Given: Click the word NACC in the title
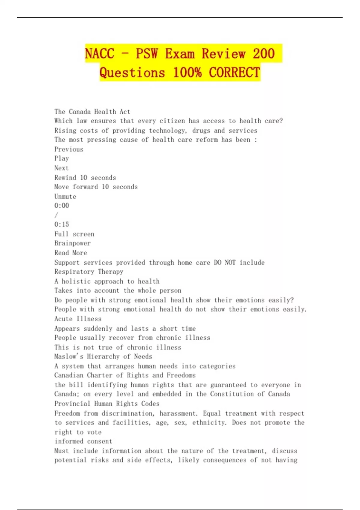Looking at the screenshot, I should coord(100,54).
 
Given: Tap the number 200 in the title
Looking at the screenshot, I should coord(264,54).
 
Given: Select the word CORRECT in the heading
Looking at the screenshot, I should coord(234,73).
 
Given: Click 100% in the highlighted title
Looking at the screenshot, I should coord(187,73).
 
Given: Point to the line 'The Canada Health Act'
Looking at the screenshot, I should coord(92,112).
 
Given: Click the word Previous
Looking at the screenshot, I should coord(69,149).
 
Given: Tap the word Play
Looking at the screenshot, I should coord(61,158).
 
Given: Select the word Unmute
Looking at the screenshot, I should coord(65,196).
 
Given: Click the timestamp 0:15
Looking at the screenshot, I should coord(61,224).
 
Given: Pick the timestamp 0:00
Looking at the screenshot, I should coord(61,206).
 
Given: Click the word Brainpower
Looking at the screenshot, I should coord(72,243).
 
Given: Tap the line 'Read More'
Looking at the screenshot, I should coord(70,253).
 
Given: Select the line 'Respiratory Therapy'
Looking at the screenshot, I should coord(89,272).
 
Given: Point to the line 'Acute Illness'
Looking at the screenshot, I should coord(78,319).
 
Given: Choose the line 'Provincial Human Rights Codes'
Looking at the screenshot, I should coord(107,404).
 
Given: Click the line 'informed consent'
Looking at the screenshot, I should coord(83,441).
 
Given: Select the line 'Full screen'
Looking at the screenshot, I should coord(74,234).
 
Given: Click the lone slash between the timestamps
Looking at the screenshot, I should coord(56,215).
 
